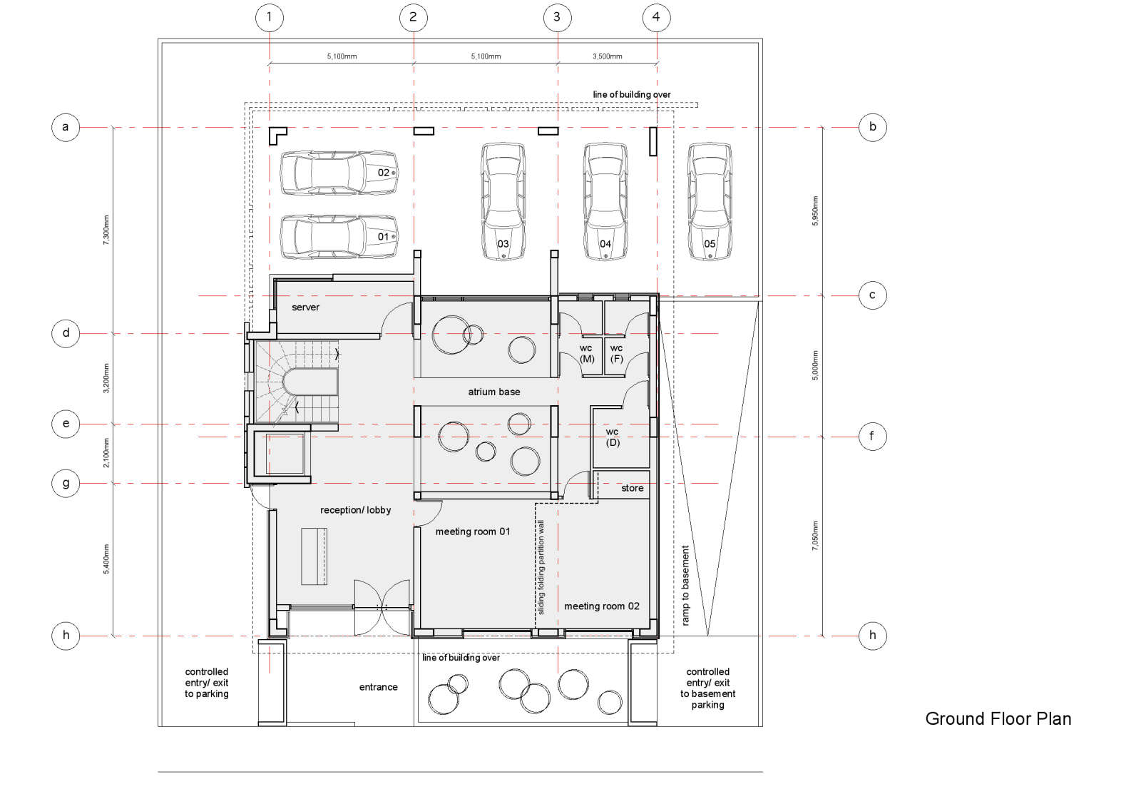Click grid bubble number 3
[x=557, y=18]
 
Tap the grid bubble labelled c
[x=872, y=295]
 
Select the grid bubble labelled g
[x=66, y=483]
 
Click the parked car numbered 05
[x=710, y=201]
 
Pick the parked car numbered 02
[x=339, y=173]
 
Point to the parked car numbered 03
[x=503, y=201]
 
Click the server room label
[x=306, y=307]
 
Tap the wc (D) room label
[x=613, y=437]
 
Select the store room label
[x=632, y=488]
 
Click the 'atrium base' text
[x=494, y=392]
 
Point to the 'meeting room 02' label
[x=602, y=606]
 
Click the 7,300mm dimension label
[x=106, y=230]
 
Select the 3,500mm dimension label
[x=607, y=56]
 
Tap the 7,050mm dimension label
[x=815, y=536]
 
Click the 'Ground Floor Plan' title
[x=998, y=719]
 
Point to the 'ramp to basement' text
[x=685, y=586]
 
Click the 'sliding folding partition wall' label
[x=541, y=567]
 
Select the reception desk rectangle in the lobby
[x=314, y=556]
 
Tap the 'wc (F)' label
[x=616, y=354]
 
